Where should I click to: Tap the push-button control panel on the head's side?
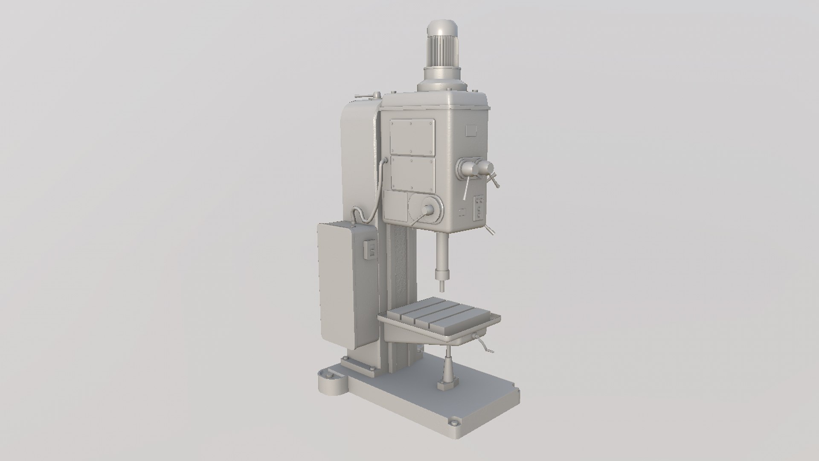coord(479,208)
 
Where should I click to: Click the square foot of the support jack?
coord(446,386)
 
